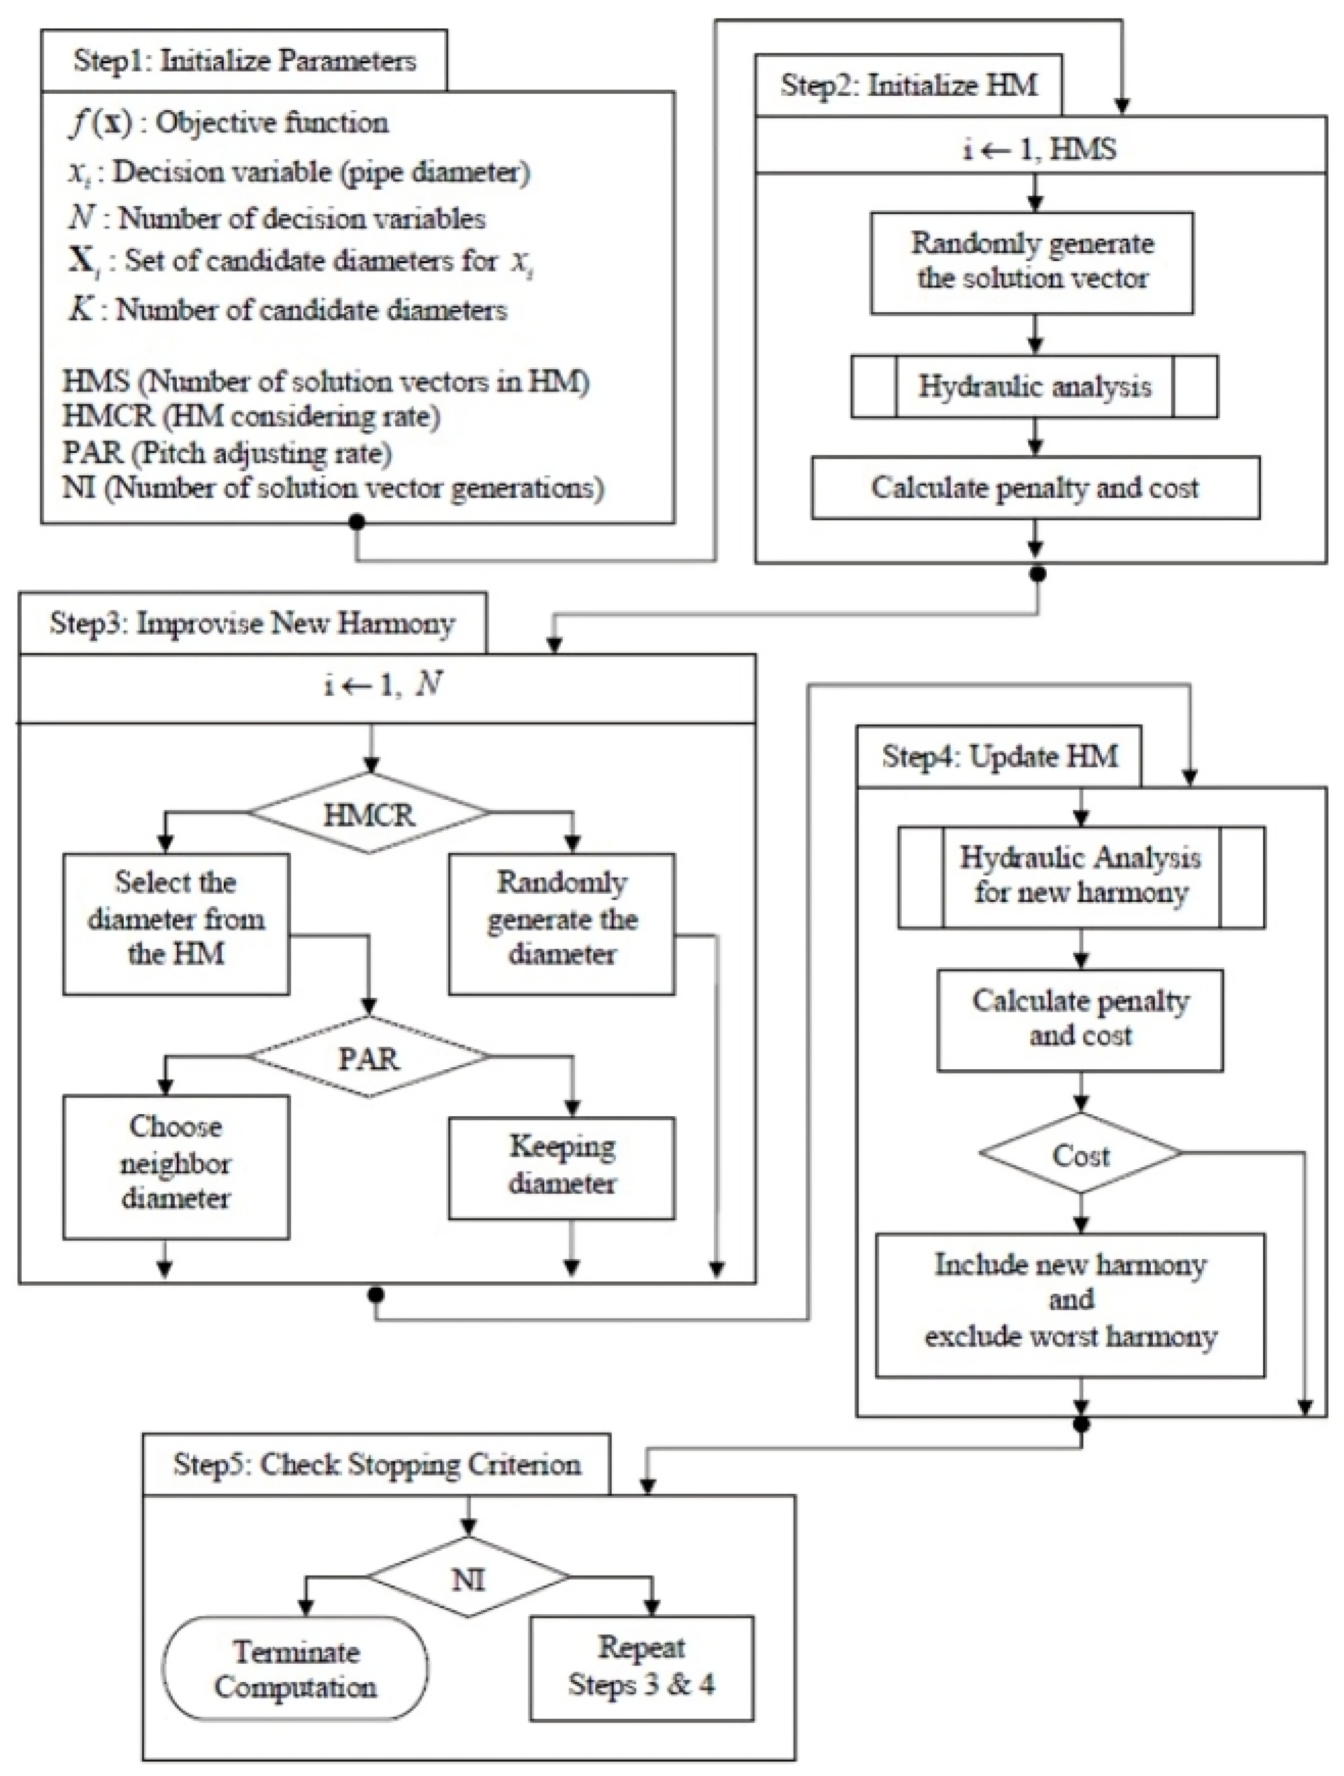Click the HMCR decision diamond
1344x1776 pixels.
click(x=369, y=813)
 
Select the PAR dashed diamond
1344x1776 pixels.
click(x=369, y=1057)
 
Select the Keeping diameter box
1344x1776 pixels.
click(x=562, y=1165)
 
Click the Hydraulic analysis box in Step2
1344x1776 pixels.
click(x=1034, y=386)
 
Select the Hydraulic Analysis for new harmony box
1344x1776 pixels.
click(x=1081, y=876)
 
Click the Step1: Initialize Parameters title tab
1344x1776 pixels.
click(x=244, y=61)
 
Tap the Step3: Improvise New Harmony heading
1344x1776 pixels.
click(x=252, y=623)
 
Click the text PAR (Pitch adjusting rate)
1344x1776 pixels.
click(x=227, y=453)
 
